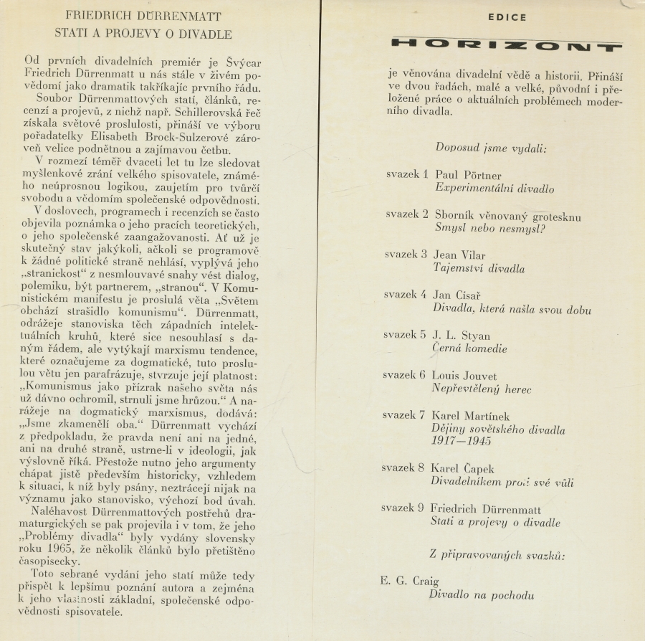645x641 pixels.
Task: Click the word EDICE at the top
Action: [x=507, y=17]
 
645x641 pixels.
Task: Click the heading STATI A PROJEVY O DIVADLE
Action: [x=143, y=33]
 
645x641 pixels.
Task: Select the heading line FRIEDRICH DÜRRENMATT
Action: [x=143, y=15]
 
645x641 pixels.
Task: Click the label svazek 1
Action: [x=406, y=175]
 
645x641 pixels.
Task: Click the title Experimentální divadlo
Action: [x=494, y=189]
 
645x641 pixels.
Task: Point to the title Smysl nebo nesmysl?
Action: [x=490, y=229]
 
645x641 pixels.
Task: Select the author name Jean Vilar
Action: [x=459, y=255]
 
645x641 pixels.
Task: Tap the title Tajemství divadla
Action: [x=479, y=269]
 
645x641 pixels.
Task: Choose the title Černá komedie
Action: [x=469, y=349]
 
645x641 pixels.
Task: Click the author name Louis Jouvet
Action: [x=464, y=376]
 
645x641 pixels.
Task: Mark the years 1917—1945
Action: [x=461, y=441]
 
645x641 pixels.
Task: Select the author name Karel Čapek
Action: [x=463, y=469]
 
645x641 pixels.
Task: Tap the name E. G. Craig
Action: [x=409, y=581]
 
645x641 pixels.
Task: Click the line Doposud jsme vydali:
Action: [x=491, y=148]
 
